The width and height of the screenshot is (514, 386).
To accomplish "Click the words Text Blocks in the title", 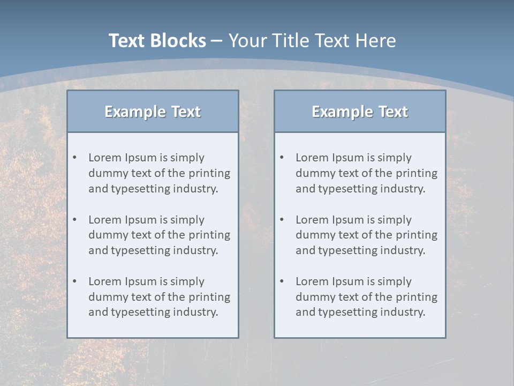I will click(157, 41).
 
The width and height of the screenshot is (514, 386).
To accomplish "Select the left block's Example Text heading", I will click(153, 112).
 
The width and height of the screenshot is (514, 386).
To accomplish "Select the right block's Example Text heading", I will click(360, 112).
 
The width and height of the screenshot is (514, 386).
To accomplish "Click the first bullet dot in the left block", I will click(74, 158).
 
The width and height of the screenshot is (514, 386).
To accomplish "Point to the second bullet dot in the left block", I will click(74, 220).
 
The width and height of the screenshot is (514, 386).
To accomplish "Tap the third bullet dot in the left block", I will click(74, 281).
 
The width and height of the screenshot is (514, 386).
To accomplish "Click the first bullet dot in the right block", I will click(282, 158).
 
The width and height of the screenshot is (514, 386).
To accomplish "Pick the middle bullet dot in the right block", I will click(282, 220).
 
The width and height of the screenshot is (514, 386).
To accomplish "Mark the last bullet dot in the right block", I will click(282, 281).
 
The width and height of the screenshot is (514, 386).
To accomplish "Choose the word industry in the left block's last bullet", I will click(196, 312).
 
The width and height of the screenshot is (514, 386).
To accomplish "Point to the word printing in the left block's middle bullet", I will click(209, 235).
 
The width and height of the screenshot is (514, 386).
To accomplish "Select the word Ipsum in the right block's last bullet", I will click(349, 281).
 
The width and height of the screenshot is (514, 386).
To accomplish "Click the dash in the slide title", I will click(217, 41).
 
